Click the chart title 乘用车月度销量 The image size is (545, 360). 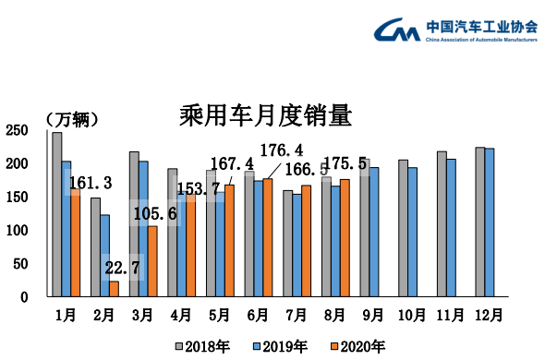[x=265, y=115]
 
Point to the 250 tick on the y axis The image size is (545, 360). [x=18, y=131]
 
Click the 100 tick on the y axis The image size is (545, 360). [x=18, y=231]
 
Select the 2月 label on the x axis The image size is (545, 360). [x=103, y=315]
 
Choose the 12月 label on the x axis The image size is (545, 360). [x=490, y=315]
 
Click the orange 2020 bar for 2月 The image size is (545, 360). [x=115, y=288]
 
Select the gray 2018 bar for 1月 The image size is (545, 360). [x=57, y=214]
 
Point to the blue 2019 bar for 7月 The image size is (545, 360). [x=296, y=246]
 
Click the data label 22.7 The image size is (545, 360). [x=123, y=269]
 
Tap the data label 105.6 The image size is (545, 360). [x=154, y=214]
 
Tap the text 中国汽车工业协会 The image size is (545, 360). [x=480, y=25]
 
